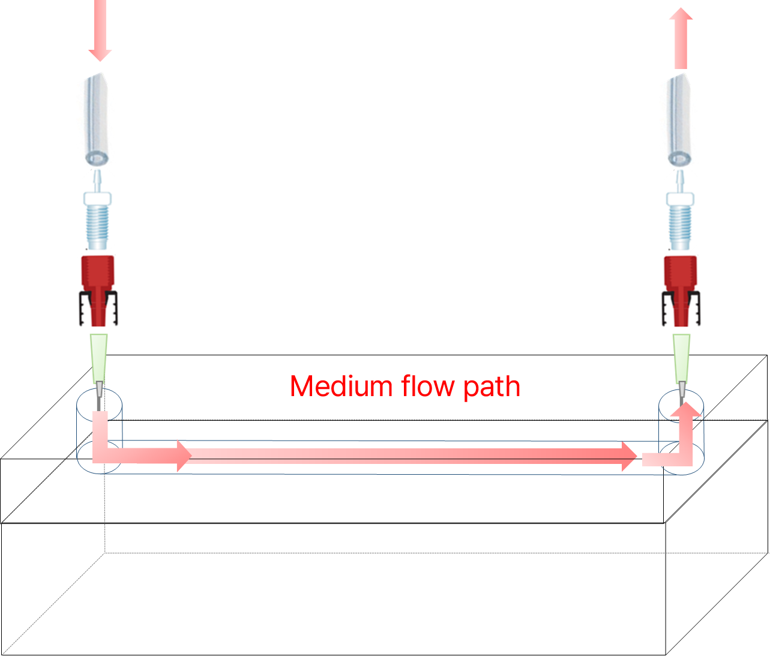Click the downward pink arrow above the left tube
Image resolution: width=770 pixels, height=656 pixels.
(x=100, y=30)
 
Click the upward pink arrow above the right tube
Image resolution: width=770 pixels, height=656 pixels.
(x=681, y=38)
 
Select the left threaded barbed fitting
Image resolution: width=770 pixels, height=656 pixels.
(x=97, y=210)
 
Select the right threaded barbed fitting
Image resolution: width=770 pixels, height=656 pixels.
(x=680, y=210)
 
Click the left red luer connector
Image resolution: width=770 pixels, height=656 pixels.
(x=98, y=291)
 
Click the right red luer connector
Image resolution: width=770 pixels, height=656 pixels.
(x=681, y=291)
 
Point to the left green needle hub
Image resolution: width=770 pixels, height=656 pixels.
(x=98, y=358)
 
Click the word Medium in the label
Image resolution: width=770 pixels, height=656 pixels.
(x=341, y=386)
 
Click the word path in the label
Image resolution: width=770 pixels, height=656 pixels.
(x=492, y=387)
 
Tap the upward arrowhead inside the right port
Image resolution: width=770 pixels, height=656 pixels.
(x=686, y=409)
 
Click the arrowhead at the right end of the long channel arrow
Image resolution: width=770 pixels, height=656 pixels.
(x=629, y=456)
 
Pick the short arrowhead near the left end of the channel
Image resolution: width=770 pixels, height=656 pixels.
(x=184, y=456)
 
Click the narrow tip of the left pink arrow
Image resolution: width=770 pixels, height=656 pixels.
(x=100, y=61)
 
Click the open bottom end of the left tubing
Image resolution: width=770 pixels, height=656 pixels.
(x=97, y=159)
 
